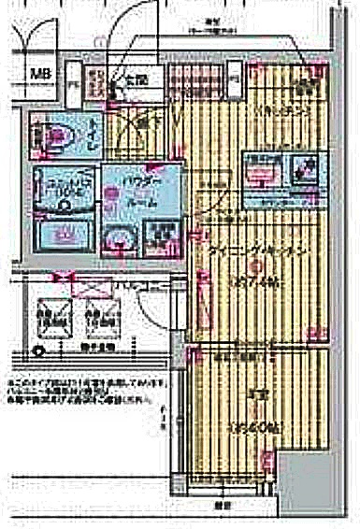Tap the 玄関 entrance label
pos(137,82)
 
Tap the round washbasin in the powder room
pos(121,240)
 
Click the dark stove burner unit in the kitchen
pos(303,169)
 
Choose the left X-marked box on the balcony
pos(50,316)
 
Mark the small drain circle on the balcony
pos(37,353)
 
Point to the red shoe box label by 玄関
pos(94,82)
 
